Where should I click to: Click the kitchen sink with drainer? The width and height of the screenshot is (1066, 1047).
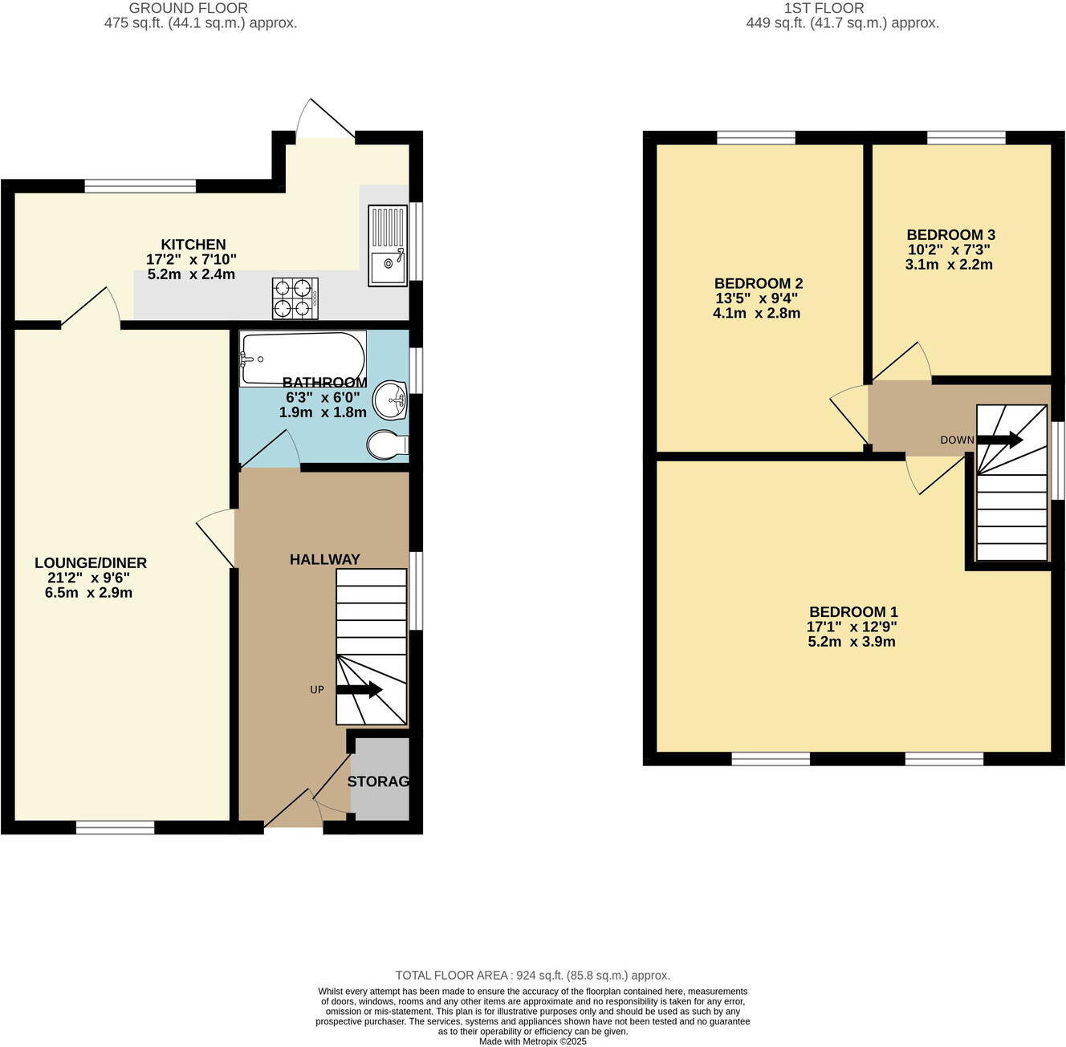tap(388, 245)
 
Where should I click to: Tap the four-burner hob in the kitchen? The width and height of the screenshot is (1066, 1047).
tap(295, 298)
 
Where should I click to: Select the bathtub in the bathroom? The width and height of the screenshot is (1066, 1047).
tap(302, 358)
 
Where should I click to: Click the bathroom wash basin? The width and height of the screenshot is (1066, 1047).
tap(392, 400)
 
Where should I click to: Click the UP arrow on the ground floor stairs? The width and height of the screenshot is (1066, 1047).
tap(359, 690)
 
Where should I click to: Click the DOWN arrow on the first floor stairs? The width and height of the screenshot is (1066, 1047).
tap(999, 440)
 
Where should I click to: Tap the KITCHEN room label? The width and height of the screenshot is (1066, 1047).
tap(193, 245)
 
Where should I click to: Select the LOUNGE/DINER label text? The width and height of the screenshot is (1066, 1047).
tap(91, 563)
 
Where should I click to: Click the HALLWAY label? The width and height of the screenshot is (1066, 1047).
tap(324, 559)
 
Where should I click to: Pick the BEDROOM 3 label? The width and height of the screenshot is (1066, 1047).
tap(950, 235)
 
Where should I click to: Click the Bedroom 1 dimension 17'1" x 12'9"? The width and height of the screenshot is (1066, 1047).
tap(851, 627)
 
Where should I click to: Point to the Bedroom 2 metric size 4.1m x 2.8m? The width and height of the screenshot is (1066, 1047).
tap(756, 313)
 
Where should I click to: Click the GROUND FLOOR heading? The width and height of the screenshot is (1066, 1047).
tap(189, 8)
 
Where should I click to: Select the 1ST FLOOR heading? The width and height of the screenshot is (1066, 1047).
tap(824, 8)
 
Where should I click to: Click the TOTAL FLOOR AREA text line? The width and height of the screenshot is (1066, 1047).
tap(532, 976)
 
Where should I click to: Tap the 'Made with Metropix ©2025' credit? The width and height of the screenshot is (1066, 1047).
tap(532, 1041)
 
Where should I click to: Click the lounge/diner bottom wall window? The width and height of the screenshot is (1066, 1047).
tap(116, 828)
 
